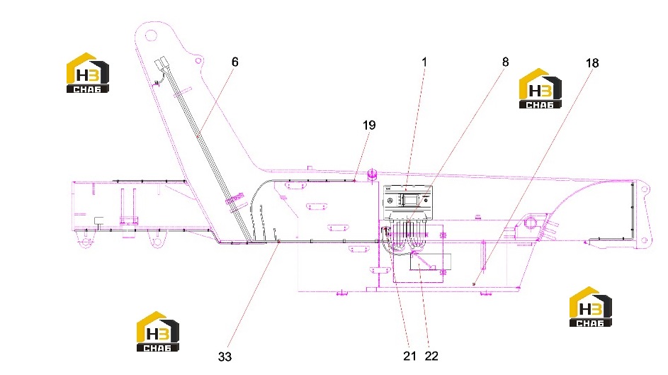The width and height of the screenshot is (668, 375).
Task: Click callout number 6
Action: pyautogui.click(x=234, y=62)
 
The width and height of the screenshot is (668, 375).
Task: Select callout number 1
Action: pyautogui.click(x=424, y=62)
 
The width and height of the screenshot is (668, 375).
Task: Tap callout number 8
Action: pyautogui.click(x=505, y=62)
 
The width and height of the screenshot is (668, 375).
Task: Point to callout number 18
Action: pyautogui.click(x=592, y=63)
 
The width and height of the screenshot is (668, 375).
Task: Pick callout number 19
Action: pyautogui.click(x=369, y=125)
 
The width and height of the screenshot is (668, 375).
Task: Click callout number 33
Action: pyautogui.click(x=225, y=357)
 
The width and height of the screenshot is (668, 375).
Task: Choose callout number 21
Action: pyautogui.click(x=409, y=357)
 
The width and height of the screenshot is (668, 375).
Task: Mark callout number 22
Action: pyautogui.click(x=431, y=357)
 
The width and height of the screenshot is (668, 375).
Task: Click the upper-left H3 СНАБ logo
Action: pyautogui.click(x=88, y=73)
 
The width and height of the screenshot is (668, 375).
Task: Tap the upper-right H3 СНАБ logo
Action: pyautogui.click(x=540, y=89)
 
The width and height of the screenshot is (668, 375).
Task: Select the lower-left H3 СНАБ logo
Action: pyautogui.click(x=158, y=332)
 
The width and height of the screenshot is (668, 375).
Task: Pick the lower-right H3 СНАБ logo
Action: pyautogui.click(x=591, y=307)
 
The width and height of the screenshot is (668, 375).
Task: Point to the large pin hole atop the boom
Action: pyautogui.click(x=150, y=35)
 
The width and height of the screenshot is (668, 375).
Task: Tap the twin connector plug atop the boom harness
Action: pyautogui.click(x=161, y=65)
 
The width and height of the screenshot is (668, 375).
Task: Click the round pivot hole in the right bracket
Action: pyautogui.click(x=531, y=222)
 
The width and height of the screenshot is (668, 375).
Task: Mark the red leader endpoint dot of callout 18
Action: pyautogui.click(x=474, y=284)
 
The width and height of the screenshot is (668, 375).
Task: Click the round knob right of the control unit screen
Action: pyautogui.click(x=426, y=199)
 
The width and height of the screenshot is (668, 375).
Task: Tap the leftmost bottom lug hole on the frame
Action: pyautogui.click(x=86, y=243)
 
